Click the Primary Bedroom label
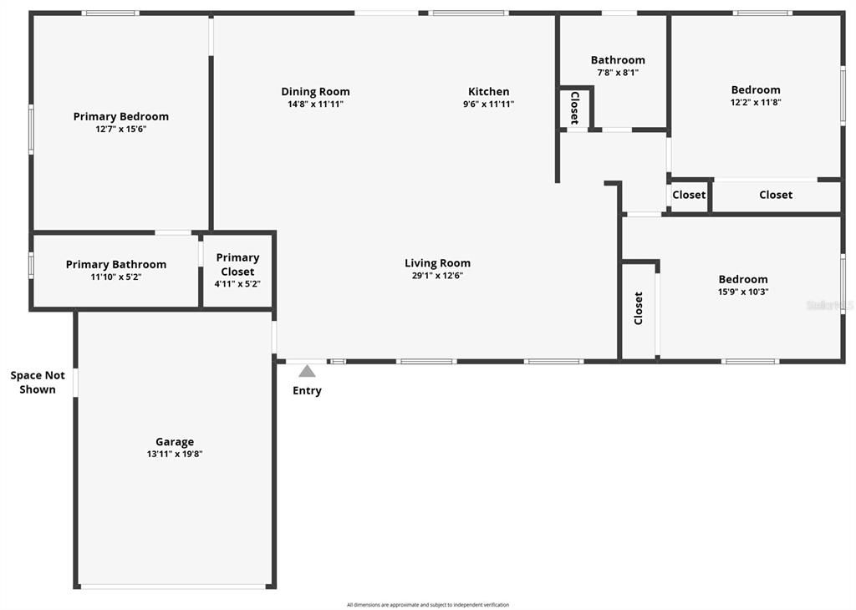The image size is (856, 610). pos(121,116)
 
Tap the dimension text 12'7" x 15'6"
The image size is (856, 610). pos(121,130)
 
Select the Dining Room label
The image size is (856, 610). pos(315,92)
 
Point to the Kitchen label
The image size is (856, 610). pos(488,92)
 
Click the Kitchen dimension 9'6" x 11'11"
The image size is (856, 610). pos(488,104)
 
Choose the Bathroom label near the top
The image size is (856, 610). pos(618,60)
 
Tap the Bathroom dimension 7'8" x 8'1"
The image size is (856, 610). pos(618,73)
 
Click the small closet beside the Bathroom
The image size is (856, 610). pos(575,108)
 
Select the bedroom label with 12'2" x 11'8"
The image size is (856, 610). pos(756,89)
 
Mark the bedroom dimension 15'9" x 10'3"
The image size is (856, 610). pos(743,292)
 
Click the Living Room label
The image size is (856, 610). pos(437,263)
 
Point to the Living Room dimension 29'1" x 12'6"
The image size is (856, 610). pos(437,276)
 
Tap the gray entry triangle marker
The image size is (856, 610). pos(307,371)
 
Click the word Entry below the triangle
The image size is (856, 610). pos(307,391)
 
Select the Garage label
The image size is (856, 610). pos(175,442)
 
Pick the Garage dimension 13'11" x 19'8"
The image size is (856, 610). pos(175,455)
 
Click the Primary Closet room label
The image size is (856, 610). pos(237,264)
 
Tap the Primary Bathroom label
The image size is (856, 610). pos(116,264)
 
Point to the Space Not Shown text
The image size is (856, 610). pos(38,383)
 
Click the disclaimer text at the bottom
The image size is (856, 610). pos(428,605)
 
